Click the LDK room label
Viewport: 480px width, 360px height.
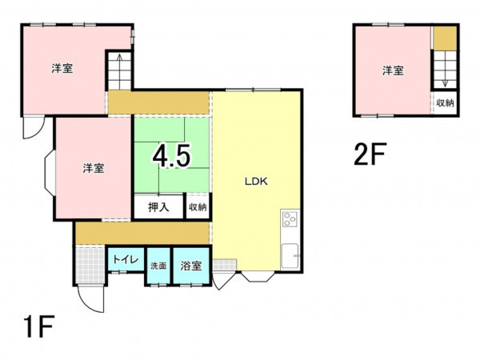pyautogui.click(x=256, y=182)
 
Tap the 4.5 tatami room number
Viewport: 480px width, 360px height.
pyautogui.click(x=171, y=155)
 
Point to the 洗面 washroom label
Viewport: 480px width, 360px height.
pyautogui.click(x=158, y=266)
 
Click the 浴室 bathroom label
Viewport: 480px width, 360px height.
pyautogui.click(x=191, y=266)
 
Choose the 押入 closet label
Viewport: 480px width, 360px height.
pyautogui.click(x=158, y=207)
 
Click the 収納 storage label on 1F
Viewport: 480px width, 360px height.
pyautogui.click(x=198, y=207)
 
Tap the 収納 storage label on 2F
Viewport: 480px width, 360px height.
pyautogui.click(x=445, y=103)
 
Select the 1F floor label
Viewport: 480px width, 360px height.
pyautogui.click(x=39, y=326)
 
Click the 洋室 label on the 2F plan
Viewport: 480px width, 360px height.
pyautogui.click(x=393, y=70)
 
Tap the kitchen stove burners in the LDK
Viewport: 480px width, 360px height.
pyautogui.click(x=290, y=219)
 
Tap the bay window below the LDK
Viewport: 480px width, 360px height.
pyautogui.click(x=258, y=276)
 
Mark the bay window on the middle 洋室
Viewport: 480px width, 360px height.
pyautogui.click(x=50, y=172)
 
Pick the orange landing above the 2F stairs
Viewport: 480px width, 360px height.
pyautogui.click(x=445, y=38)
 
